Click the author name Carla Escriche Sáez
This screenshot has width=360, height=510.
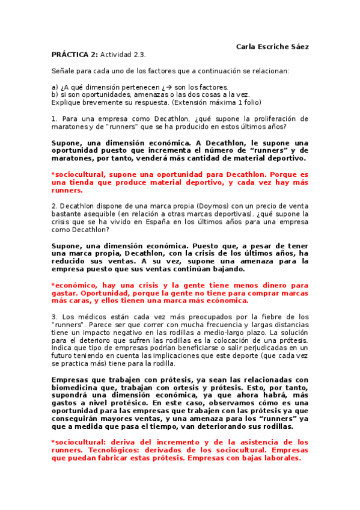pyautogui.click(x=273, y=46)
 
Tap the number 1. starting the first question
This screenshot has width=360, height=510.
pyautogui.click(x=55, y=118)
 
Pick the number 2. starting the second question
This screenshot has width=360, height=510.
pyautogui.click(x=55, y=205)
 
